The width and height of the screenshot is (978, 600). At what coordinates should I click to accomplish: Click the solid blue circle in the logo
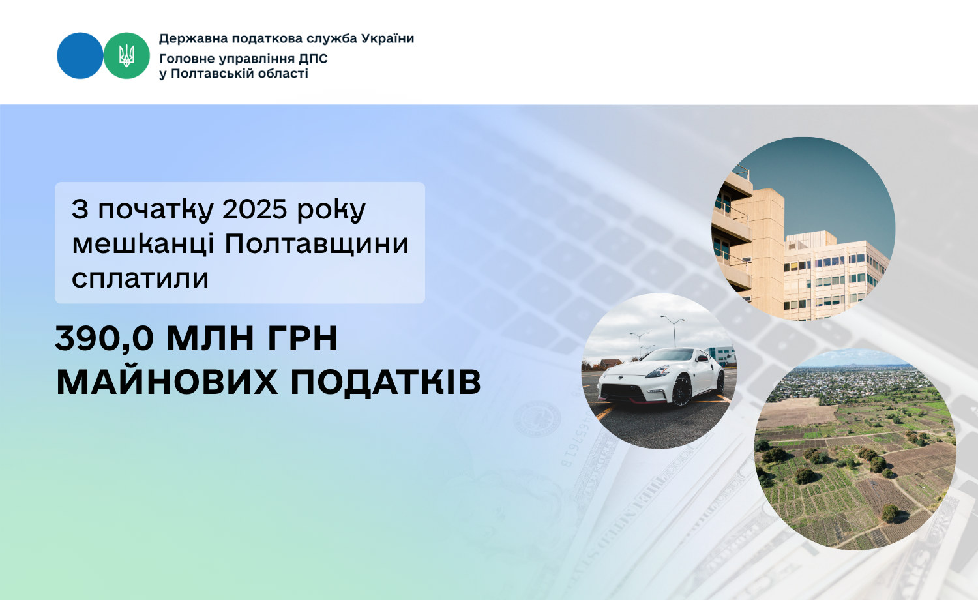point(80,55)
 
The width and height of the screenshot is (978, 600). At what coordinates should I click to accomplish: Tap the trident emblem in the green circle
point(126,55)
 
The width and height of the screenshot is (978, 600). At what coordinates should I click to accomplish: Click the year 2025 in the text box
point(254,209)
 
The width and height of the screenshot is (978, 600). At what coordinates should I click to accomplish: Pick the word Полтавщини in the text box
point(316,244)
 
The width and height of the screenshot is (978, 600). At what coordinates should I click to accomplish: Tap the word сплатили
point(140,278)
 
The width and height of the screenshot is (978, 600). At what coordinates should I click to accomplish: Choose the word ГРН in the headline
point(302,338)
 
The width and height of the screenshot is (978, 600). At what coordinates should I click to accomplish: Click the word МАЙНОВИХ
point(167,382)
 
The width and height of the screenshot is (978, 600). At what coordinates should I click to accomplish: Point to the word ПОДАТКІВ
point(385,382)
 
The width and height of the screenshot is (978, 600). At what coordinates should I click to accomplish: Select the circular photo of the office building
point(803,229)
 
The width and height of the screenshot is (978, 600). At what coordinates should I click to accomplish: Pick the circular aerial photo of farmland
point(855,449)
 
